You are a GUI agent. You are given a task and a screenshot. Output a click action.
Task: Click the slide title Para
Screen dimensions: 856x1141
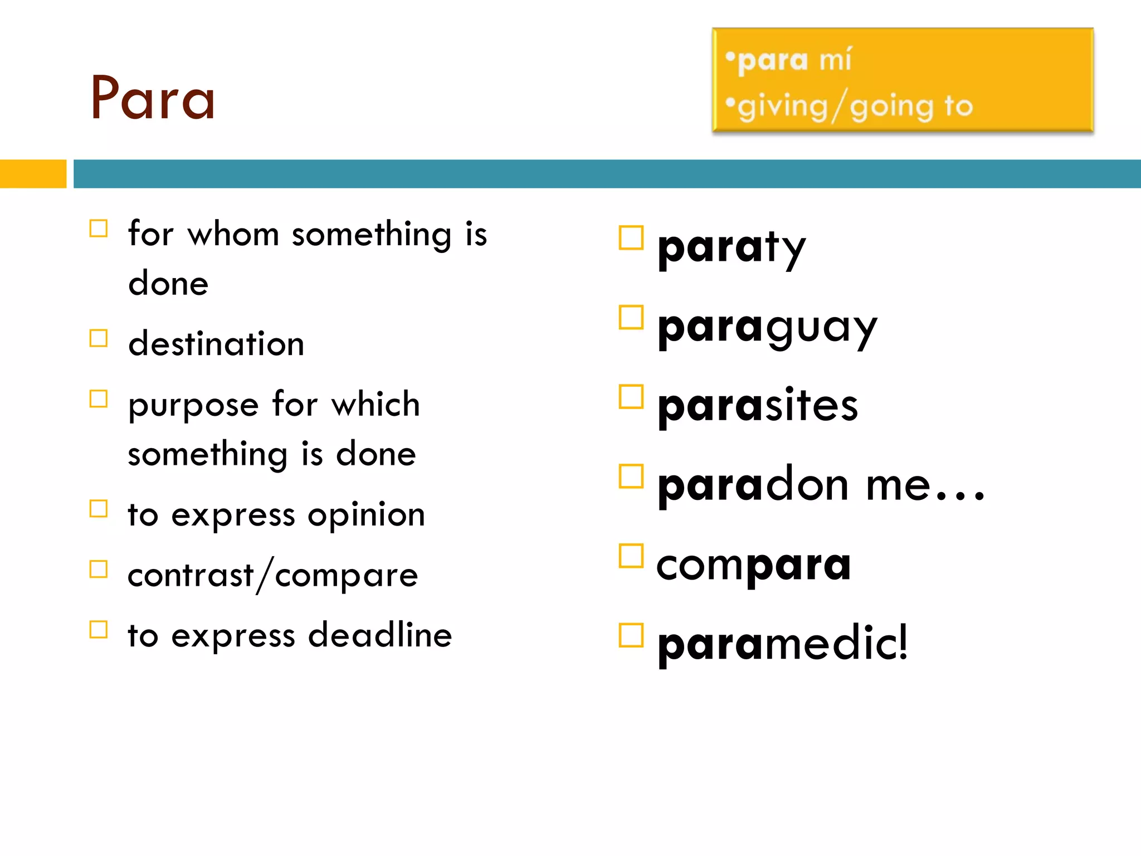[x=153, y=99]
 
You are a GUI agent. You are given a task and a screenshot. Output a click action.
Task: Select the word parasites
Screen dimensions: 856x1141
[x=758, y=406]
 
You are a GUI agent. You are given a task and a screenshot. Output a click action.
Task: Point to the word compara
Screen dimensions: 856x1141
[x=754, y=565]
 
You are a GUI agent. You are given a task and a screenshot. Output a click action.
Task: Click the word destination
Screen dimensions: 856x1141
[x=216, y=344]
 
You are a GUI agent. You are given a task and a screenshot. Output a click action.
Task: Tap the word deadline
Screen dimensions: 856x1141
[x=380, y=635]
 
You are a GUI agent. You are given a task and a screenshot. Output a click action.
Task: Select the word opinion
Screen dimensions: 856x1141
[x=367, y=515]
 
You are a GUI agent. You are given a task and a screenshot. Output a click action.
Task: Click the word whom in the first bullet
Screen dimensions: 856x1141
[x=233, y=234]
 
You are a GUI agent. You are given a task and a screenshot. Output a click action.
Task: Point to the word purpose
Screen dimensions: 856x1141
[x=193, y=406]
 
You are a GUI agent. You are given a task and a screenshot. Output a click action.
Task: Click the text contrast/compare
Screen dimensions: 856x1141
[x=272, y=575]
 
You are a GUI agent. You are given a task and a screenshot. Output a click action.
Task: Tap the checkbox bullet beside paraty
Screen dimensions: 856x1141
[x=631, y=238]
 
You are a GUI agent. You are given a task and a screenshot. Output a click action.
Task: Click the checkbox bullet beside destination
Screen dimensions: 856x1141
[x=99, y=338]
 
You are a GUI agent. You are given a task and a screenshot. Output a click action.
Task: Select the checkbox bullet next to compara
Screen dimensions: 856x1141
[x=631, y=556]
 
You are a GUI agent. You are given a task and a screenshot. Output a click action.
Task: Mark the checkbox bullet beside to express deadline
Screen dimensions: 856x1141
[x=99, y=629]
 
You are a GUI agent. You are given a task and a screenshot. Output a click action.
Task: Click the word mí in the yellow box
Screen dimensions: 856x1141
[x=835, y=59]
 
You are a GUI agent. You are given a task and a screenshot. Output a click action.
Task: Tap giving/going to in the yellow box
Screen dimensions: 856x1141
[x=855, y=106]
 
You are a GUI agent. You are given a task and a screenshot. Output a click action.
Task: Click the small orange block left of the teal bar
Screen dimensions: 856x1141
[x=33, y=174]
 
